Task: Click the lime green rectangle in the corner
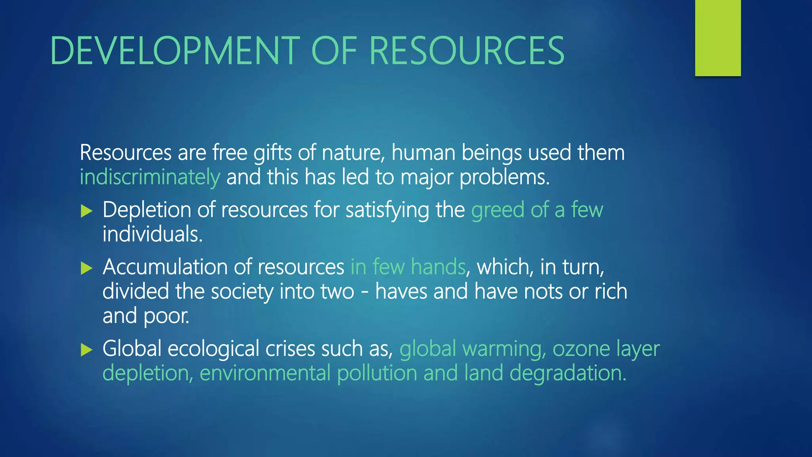click(718, 38)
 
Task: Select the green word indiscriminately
click(150, 177)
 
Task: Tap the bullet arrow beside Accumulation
click(86, 268)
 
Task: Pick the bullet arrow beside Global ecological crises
click(86, 349)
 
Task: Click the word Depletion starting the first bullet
click(147, 210)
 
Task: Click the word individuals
click(152, 234)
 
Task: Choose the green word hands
click(438, 267)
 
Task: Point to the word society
click(241, 292)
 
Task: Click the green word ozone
click(581, 349)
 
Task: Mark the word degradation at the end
click(568, 373)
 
